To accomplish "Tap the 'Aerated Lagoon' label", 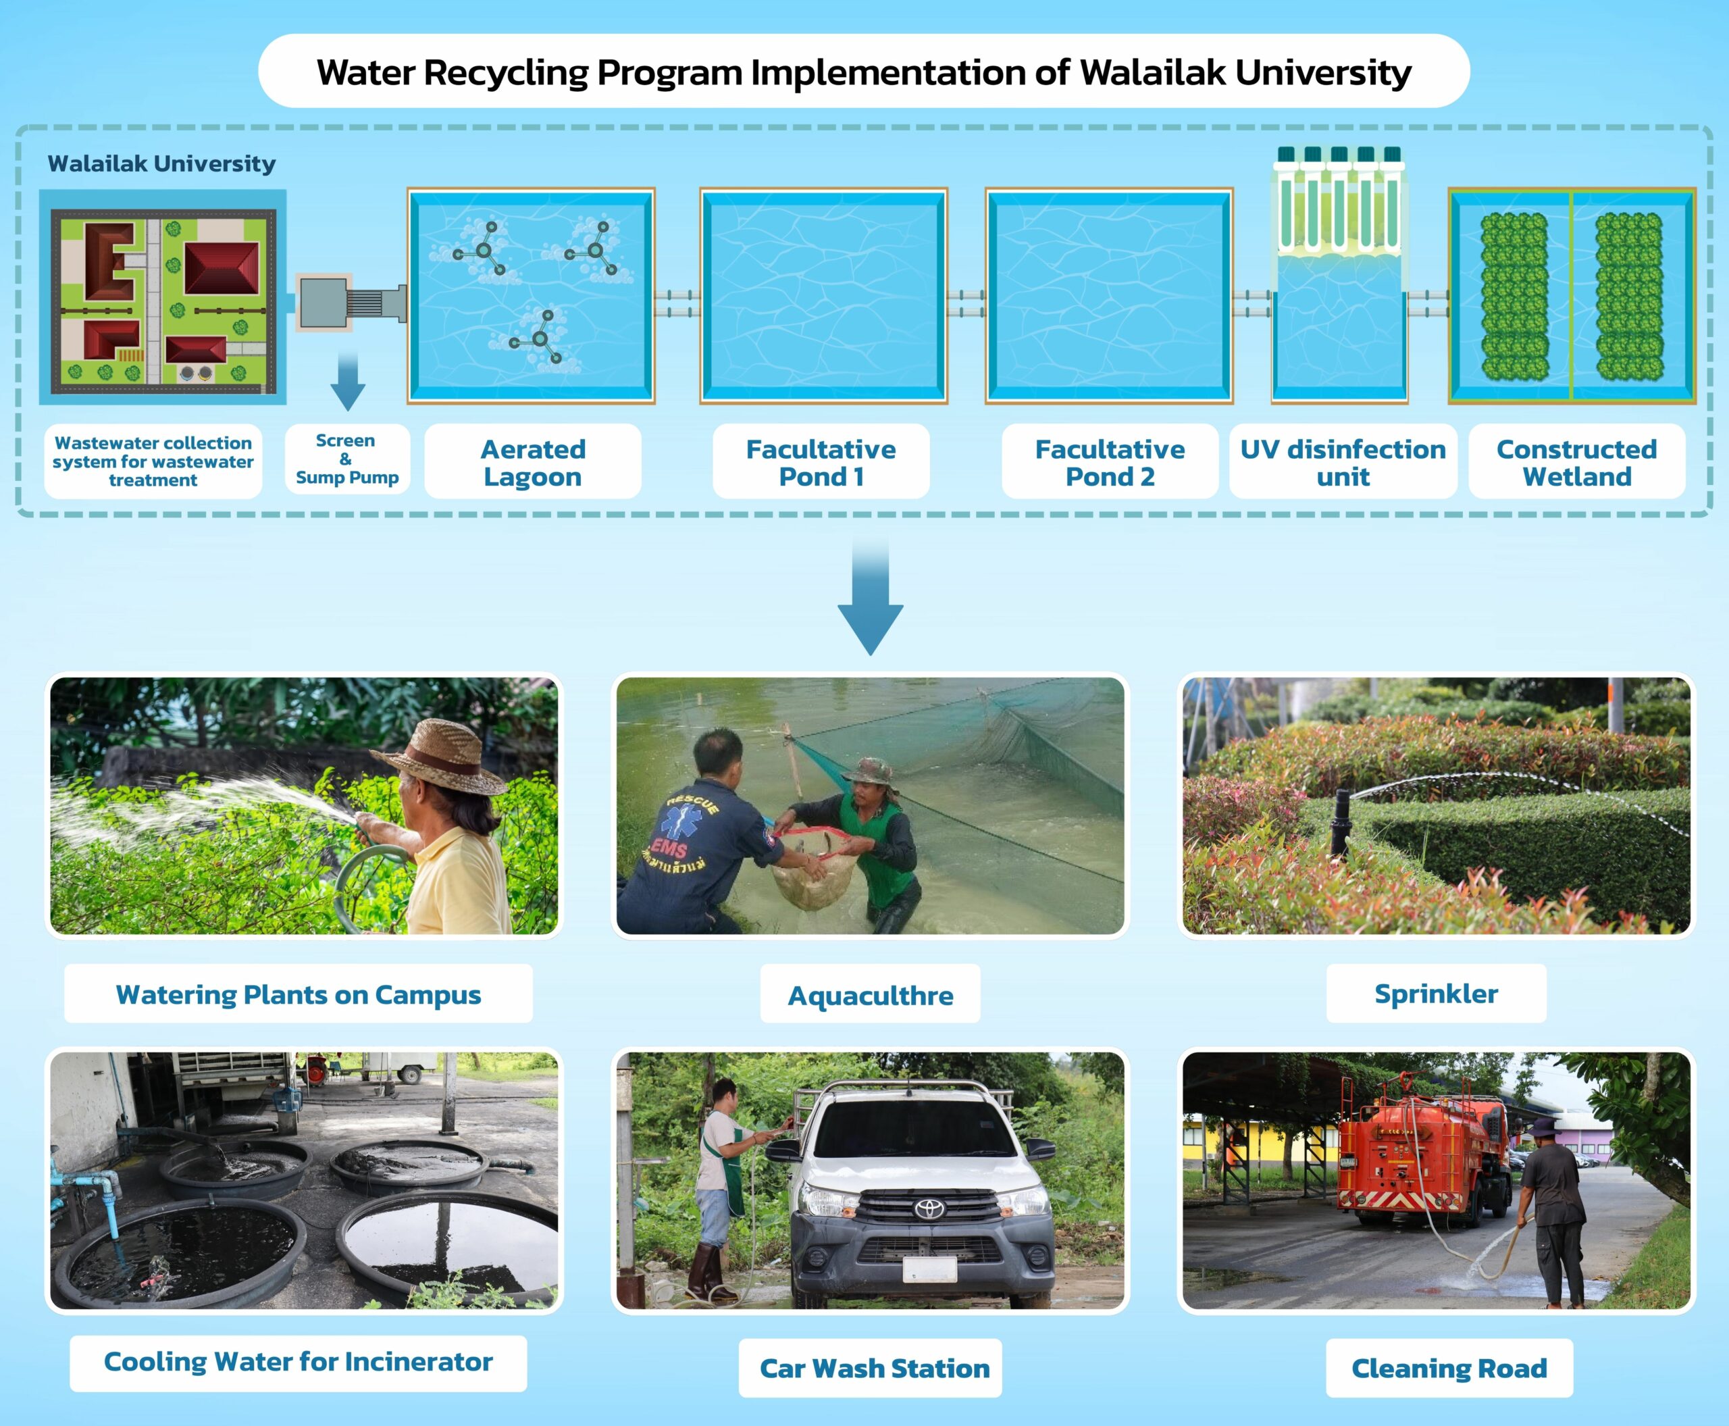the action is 533,463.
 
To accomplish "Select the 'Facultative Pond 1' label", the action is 821,463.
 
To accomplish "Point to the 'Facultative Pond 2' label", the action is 1110,463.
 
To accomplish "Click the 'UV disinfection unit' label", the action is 1343,463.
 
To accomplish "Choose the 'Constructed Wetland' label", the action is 1577,463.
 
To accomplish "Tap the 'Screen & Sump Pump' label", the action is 346,459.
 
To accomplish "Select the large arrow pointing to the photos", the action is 871,596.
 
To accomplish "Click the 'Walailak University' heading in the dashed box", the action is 162,164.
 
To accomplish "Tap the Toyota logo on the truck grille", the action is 930,1208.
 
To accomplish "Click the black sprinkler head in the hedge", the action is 1341,821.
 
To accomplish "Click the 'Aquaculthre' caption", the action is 871,996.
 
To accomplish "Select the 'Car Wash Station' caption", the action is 875,1369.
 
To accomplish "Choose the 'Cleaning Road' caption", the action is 1450,1369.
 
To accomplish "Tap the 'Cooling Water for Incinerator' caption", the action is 298,1362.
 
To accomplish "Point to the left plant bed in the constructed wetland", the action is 1514,297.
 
